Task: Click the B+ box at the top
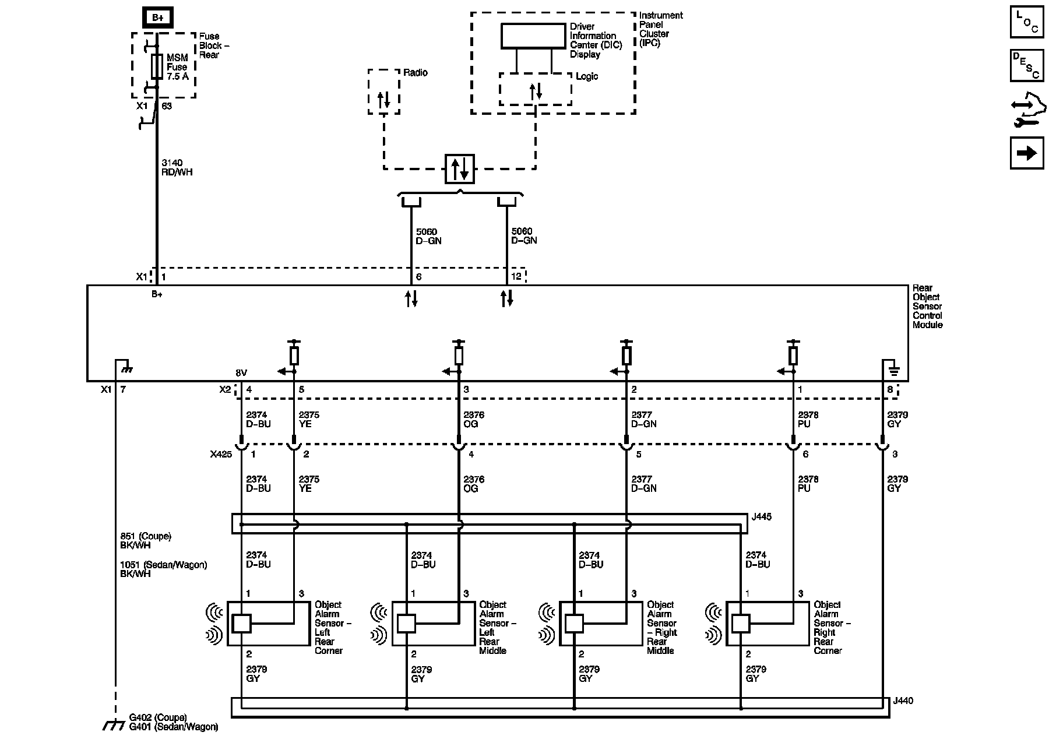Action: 157,17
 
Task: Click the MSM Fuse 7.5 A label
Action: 178,67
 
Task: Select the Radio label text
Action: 416,73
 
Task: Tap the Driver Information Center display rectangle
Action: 533,36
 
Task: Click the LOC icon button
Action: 1027,22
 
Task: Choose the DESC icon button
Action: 1027,65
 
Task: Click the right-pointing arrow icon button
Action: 1027,153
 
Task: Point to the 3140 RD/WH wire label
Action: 177,168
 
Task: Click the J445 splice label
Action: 762,517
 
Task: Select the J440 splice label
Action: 903,701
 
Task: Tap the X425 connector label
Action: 220,455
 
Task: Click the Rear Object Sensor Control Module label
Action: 928,307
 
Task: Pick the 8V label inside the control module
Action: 241,372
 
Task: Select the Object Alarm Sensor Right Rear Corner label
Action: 832,628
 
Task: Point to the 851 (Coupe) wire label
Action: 146,536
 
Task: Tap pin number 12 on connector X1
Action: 516,277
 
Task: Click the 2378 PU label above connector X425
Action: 808,420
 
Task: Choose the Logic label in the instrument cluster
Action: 587,77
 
